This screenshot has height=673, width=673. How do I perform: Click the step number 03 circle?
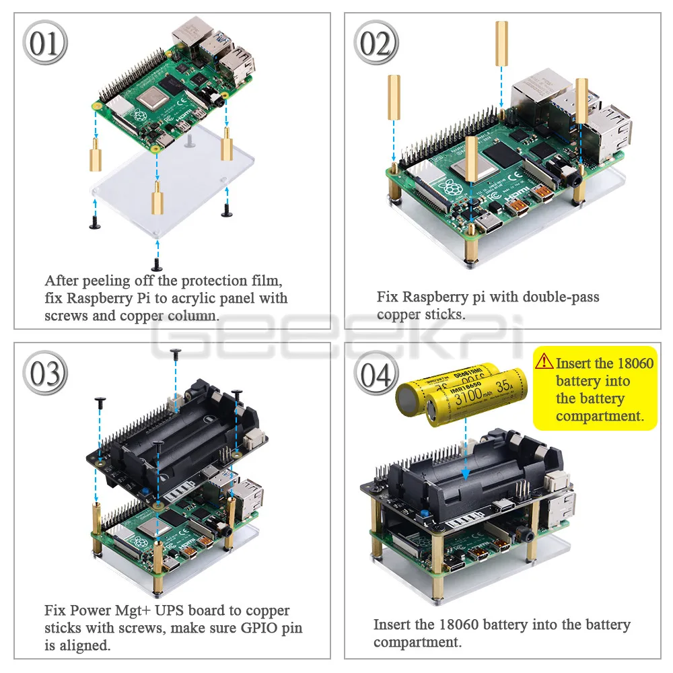pyautogui.click(x=46, y=372)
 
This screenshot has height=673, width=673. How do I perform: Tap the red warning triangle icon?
pyautogui.click(x=544, y=362)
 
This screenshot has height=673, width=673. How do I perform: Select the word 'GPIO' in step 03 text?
pyautogui.click(x=258, y=628)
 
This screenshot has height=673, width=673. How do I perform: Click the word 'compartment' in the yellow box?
pyautogui.click(x=598, y=416)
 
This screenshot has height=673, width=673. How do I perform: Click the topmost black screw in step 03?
pyautogui.click(x=176, y=352)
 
